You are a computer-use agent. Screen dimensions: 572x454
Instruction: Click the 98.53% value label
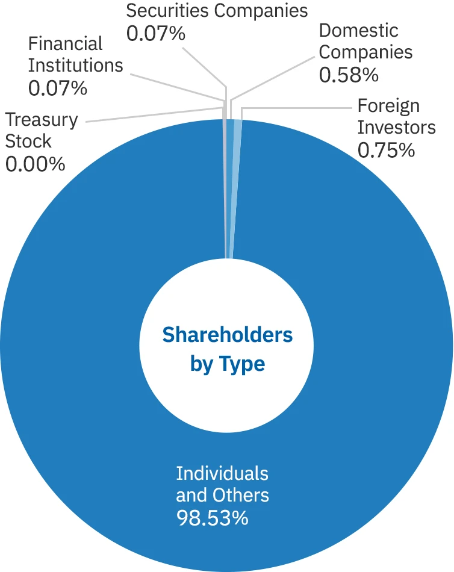(211, 517)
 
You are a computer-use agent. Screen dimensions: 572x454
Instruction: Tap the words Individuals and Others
(222, 483)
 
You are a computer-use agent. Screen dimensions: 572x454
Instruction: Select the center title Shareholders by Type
(227, 349)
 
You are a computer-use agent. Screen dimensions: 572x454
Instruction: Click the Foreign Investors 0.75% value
(386, 149)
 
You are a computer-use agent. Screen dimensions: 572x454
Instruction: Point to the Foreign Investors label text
(396, 117)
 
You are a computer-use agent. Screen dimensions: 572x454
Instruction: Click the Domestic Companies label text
(365, 41)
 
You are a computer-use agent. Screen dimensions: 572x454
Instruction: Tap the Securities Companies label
(216, 10)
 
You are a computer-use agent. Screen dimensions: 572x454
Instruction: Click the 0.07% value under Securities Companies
(155, 33)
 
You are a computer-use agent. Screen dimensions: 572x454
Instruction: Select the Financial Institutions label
(75, 54)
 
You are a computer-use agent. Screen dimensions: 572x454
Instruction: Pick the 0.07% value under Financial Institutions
(57, 87)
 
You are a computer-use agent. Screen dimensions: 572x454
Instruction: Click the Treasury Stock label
(42, 130)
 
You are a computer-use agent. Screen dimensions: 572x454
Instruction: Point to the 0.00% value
(35, 163)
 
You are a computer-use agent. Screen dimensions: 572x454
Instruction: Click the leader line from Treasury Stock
(151, 114)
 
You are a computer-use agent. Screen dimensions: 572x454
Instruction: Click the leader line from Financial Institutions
(175, 87)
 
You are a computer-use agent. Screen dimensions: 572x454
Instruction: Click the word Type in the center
(244, 364)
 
